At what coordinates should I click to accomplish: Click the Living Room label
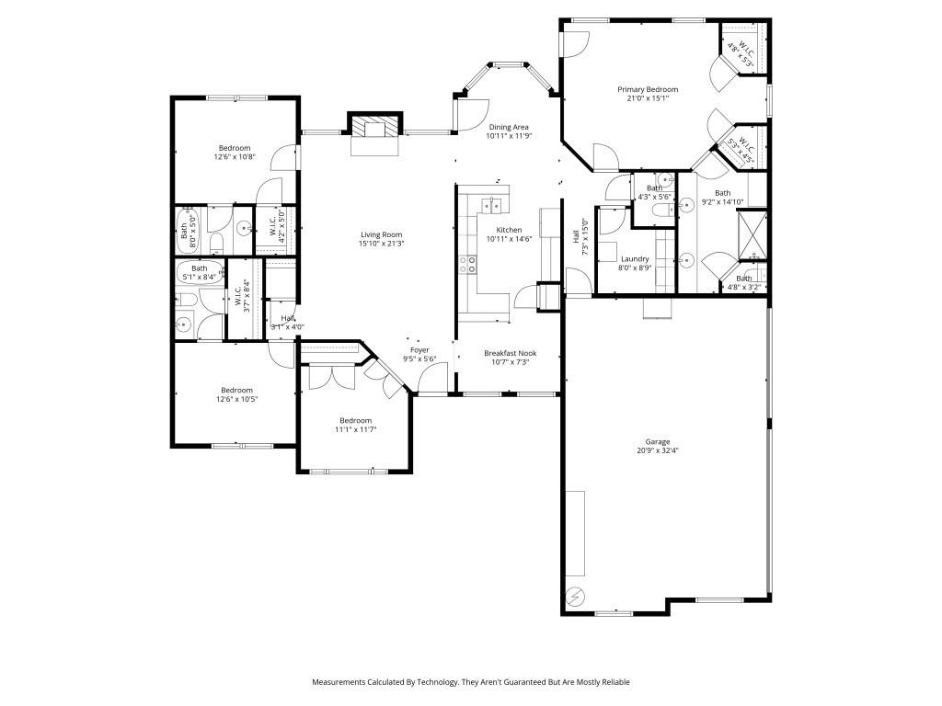tap(381, 234)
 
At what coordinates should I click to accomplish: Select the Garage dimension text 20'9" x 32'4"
tap(658, 450)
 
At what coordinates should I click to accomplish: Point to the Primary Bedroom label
tap(647, 89)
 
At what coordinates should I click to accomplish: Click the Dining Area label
tap(509, 127)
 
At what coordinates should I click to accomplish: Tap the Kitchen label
tap(509, 230)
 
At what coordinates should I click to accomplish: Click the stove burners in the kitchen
tap(468, 265)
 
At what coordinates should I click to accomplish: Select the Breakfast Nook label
tap(510, 353)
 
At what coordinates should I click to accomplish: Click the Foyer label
tap(419, 350)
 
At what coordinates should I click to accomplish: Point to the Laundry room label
tap(635, 259)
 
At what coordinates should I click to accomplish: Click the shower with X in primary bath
tap(752, 233)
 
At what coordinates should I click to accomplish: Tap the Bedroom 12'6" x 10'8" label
tap(234, 148)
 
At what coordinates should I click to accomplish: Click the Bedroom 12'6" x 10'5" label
tap(235, 390)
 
